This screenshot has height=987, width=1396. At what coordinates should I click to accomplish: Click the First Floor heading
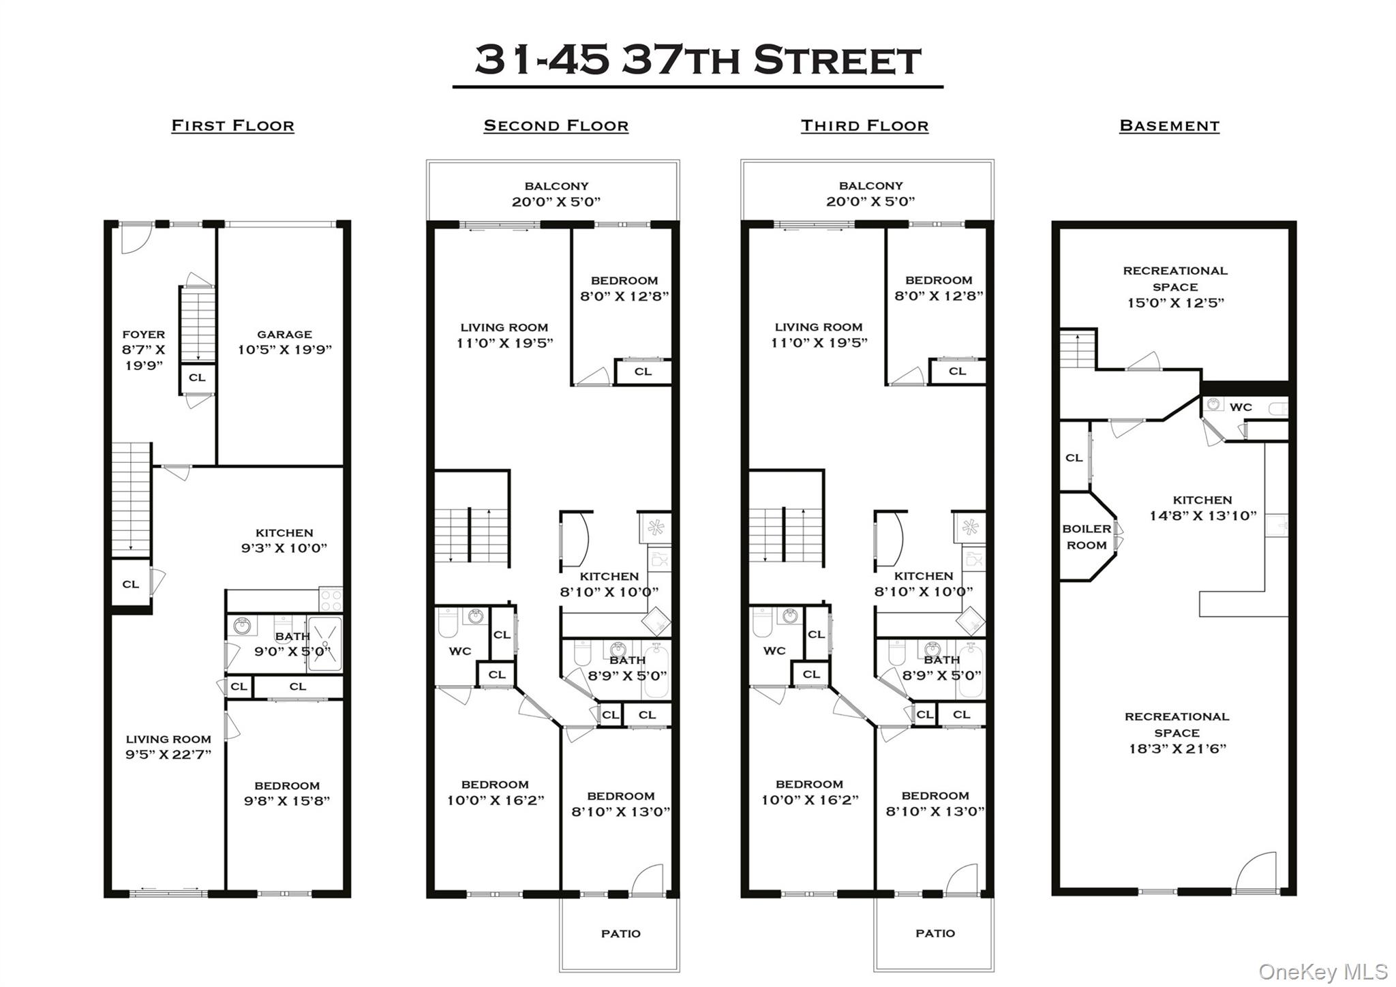(x=232, y=125)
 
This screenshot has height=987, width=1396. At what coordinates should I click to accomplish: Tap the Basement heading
(x=1169, y=125)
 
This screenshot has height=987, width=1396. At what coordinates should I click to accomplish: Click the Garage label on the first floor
(x=284, y=334)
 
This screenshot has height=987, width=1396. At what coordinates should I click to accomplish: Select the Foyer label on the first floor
(x=143, y=334)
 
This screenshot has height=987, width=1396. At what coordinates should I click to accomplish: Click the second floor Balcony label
(x=556, y=186)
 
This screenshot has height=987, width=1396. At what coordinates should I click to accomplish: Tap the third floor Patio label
(x=935, y=933)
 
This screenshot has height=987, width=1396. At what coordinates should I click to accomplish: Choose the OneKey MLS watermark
(x=1323, y=971)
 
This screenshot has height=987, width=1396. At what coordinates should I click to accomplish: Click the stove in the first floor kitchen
(x=331, y=600)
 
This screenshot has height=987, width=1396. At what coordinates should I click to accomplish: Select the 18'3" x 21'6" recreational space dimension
(x=1177, y=748)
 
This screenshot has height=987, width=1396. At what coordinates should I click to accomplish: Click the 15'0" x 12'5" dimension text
(x=1175, y=303)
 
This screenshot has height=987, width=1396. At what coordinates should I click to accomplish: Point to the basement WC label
(x=1241, y=407)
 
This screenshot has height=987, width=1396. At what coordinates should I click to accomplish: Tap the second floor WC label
(x=459, y=651)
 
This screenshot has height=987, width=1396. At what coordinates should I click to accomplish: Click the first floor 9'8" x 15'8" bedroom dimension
(x=287, y=801)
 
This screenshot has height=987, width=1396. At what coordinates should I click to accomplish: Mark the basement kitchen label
(x=1202, y=500)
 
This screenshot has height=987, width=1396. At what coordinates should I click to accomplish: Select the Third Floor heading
(x=864, y=125)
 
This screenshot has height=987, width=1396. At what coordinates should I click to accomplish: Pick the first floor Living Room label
(x=168, y=739)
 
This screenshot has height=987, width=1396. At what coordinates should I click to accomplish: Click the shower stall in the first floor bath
(x=324, y=644)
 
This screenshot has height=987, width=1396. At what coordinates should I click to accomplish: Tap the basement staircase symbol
(x=1077, y=349)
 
